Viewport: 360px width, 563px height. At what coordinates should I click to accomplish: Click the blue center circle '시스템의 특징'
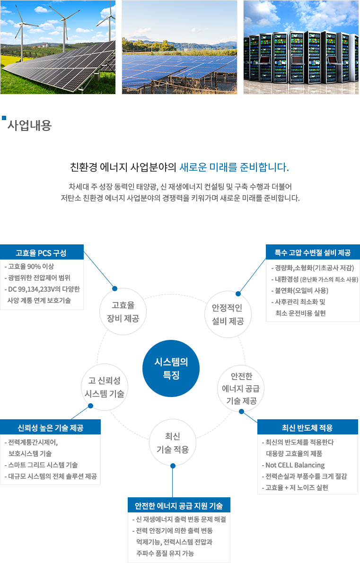pyautogui.click(x=171, y=368)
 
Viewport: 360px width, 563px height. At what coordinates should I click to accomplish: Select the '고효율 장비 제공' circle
pyautogui.click(x=123, y=312)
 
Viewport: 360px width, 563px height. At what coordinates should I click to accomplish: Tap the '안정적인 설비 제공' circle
pyautogui.click(x=228, y=314)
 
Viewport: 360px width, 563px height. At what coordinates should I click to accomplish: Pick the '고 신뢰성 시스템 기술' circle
pyautogui.click(x=105, y=387)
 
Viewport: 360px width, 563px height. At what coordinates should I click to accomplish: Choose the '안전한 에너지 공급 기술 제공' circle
pyautogui.click(x=241, y=389)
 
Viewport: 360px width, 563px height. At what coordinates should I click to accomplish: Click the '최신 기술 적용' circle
pyautogui.click(x=173, y=443)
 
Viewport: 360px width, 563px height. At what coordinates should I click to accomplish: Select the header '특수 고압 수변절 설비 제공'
pyautogui.click(x=313, y=252)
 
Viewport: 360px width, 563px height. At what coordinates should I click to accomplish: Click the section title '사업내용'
pyautogui.click(x=30, y=125)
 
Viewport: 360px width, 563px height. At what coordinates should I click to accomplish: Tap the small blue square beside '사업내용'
pyautogui.click(x=4, y=118)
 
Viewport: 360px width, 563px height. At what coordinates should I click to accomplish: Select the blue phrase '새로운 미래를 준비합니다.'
pyautogui.click(x=234, y=167)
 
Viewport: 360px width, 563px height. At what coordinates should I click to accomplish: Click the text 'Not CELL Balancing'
pyautogui.click(x=295, y=465)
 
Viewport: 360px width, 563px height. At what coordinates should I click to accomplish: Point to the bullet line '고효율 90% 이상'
pyautogui.click(x=31, y=267)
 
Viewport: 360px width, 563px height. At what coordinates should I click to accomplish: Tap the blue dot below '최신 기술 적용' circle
pyautogui.click(x=173, y=466)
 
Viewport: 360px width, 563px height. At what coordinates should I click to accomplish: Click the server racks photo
pyautogui.click(x=301, y=47)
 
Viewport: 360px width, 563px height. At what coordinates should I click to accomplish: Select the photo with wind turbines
pyautogui.click(x=58, y=47)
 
